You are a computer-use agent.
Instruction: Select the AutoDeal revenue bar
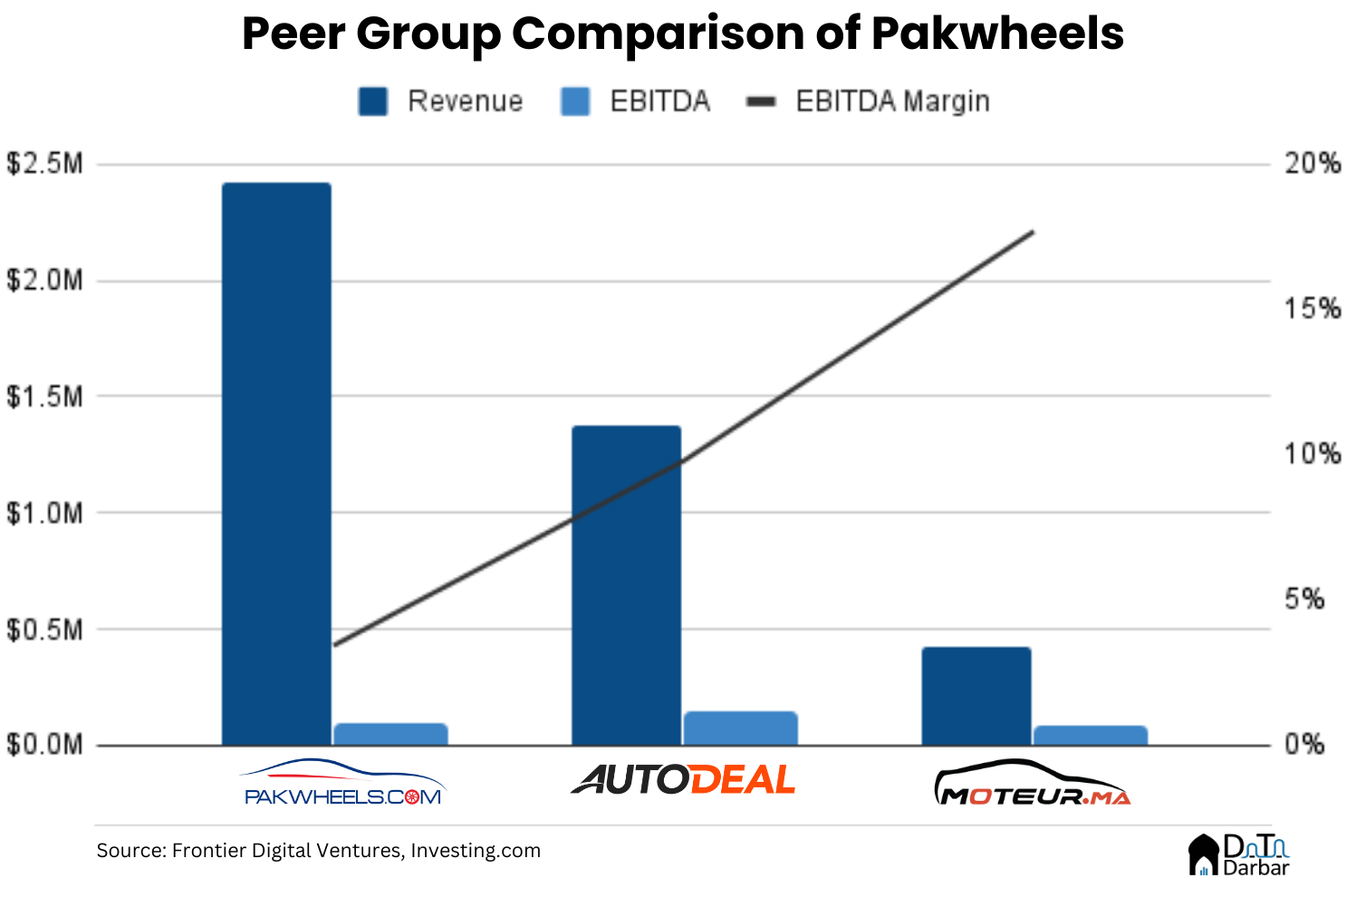pos(626,585)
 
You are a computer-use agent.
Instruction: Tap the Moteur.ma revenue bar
pos(976,696)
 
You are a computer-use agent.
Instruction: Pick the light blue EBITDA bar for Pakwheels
pos(390,734)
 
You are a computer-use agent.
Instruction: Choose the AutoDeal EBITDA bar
pos(740,728)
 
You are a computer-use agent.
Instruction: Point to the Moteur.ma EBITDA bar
pos(1090,735)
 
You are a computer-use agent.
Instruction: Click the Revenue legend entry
pos(441,101)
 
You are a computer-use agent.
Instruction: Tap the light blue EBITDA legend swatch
pos(575,101)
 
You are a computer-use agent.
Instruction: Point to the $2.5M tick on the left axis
pos(44,164)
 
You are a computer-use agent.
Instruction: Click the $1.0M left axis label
pos(44,513)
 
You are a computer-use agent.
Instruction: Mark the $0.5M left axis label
pos(44,630)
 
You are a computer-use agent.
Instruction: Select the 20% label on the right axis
pos(1312,164)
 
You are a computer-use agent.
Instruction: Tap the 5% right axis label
pos(1304,599)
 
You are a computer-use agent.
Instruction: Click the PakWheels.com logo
pos(343,783)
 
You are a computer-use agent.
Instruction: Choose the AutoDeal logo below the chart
pos(683,780)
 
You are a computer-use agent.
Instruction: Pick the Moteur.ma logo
pos(1032,784)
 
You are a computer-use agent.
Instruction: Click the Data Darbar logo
pos(1238,854)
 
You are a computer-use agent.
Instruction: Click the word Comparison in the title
pos(658,34)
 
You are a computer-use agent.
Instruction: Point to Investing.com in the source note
pos(476,851)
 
